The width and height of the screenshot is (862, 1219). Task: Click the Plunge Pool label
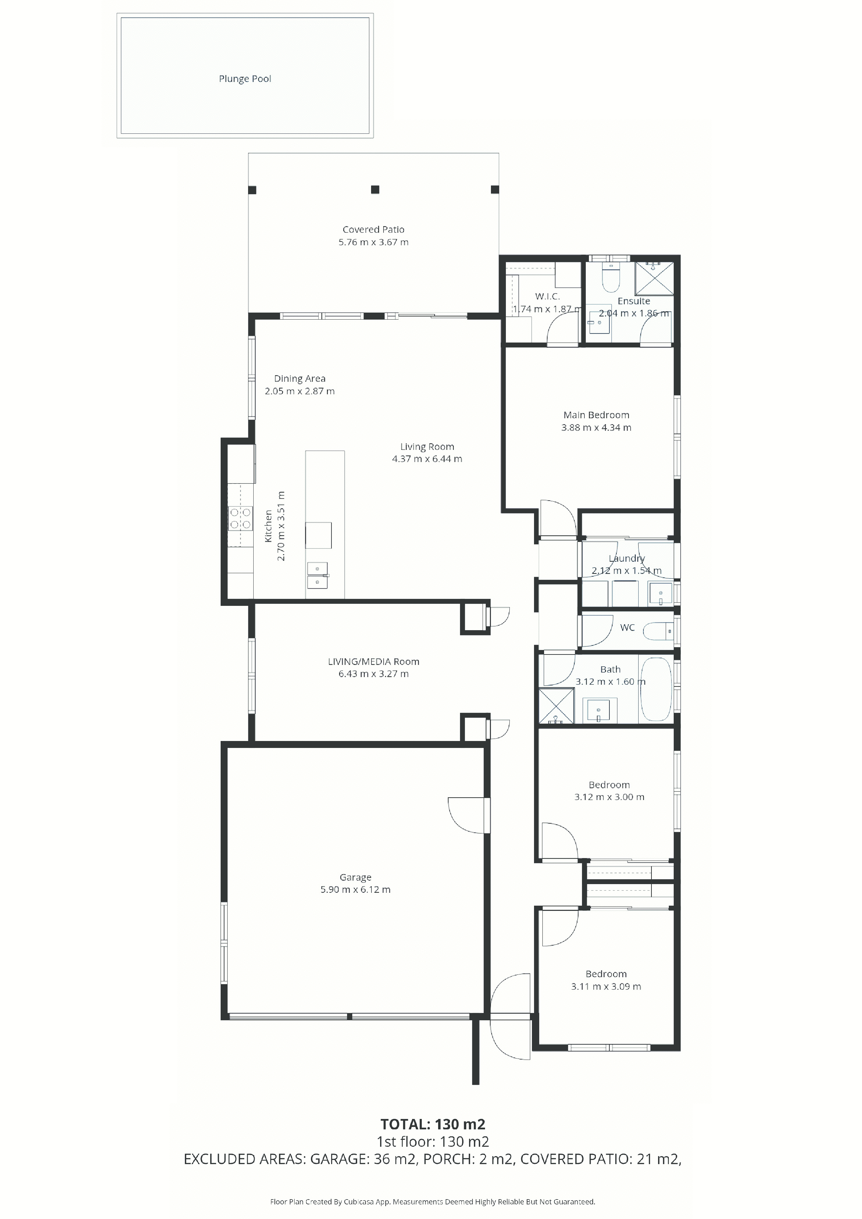point(245,79)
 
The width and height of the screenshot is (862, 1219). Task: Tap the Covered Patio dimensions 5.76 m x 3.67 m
point(373,242)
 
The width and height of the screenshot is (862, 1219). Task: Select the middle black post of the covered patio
point(375,190)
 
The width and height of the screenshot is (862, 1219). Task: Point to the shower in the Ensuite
point(655,277)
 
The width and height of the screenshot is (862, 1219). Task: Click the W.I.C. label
point(547,296)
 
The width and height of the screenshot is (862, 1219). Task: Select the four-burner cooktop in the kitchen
point(240,519)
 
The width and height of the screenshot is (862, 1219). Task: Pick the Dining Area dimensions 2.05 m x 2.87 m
point(299,391)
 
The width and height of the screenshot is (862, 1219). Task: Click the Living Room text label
point(427,446)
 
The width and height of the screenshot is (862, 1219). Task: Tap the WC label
point(627,627)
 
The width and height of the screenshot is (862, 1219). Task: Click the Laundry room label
point(627,558)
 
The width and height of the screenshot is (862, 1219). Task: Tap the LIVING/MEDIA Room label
point(373,661)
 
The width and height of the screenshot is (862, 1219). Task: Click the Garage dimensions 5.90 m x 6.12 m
point(355,889)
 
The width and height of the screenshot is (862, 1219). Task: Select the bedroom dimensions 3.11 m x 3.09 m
point(606,987)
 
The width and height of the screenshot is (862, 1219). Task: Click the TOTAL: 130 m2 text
point(433,1124)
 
